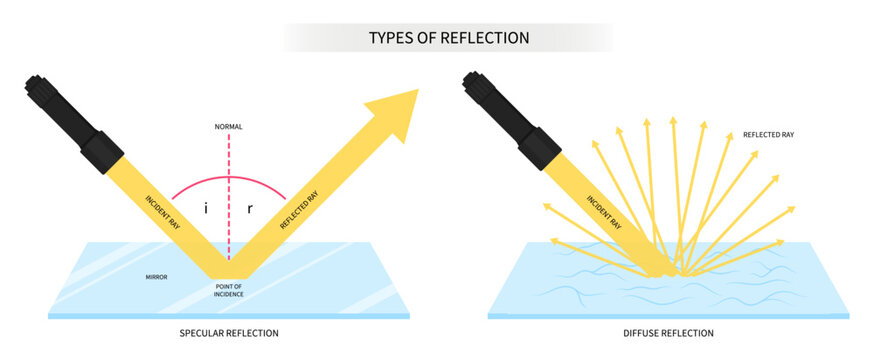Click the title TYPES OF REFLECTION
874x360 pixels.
449,38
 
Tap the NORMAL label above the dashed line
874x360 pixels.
228,127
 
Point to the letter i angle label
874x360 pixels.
205,210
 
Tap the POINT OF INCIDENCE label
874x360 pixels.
229,291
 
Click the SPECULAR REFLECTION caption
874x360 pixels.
229,333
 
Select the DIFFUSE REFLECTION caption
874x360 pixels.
668,333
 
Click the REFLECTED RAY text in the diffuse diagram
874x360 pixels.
768,134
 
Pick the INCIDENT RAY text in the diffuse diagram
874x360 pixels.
603,214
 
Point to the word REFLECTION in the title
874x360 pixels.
488,38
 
